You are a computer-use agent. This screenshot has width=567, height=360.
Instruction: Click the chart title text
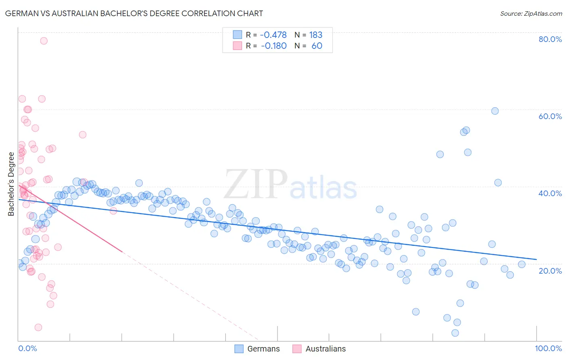click(134, 14)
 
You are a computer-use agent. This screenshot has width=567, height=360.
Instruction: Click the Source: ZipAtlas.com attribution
click(531, 14)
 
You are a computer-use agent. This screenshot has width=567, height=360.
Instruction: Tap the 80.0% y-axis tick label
click(550, 39)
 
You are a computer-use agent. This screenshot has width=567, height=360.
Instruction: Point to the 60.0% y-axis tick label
click(550, 116)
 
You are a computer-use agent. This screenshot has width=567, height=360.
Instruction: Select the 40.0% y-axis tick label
click(550, 193)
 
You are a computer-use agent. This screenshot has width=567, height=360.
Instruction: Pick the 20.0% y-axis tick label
click(550, 270)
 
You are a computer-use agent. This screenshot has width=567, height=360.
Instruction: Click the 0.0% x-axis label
click(27, 348)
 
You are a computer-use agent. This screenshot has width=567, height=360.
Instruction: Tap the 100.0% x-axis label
click(548, 348)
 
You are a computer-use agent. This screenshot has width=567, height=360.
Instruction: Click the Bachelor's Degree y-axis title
click(11, 184)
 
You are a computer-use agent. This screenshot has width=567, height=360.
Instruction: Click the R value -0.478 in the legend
click(273, 35)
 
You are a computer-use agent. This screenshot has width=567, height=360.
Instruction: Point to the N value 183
click(316, 35)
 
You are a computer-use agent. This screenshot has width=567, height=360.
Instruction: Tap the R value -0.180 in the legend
click(273, 46)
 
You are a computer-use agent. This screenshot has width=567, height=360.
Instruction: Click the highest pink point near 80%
click(44, 41)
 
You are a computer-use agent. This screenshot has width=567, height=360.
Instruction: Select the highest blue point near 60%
click(495, 111)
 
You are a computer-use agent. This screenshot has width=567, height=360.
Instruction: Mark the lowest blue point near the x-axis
click(455, 333)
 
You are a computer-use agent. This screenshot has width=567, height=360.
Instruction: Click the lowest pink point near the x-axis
click(38, 327)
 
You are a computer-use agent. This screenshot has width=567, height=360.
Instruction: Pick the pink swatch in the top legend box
click(238, 46)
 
